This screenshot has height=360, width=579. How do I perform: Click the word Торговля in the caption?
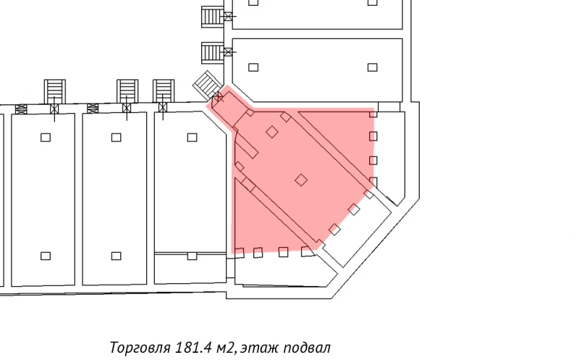click(x=140, y=347)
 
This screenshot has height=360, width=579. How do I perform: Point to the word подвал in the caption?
click(x=309, y=347)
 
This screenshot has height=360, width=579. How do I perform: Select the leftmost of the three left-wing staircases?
click(x=55, y=91)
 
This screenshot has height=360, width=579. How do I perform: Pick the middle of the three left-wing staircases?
click(x=127, y=91)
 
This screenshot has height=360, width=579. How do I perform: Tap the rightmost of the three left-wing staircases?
click(x=164, y=91)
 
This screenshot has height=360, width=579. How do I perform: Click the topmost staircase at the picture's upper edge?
click(x=211, y=15)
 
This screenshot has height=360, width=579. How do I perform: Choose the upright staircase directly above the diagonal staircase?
click(x=211, y=52)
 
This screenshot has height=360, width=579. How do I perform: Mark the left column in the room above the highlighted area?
click(x=253, y=67)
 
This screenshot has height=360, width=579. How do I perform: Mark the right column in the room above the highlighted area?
click(x=372, y=67)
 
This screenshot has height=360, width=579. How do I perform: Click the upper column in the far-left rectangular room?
click(x=46, y=137)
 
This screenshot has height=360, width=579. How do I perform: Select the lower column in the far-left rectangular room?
click(x=46, y=256)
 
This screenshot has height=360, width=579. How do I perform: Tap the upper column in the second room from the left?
click(x=116, y=137)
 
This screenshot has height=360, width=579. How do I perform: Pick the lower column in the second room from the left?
click(x=116, y=256)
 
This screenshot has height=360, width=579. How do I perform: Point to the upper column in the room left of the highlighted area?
click(x=192, y=137)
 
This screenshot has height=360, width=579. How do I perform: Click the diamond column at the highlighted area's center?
click(x=301, y=180)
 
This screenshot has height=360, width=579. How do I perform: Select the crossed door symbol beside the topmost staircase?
click(x=229, y=15)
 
